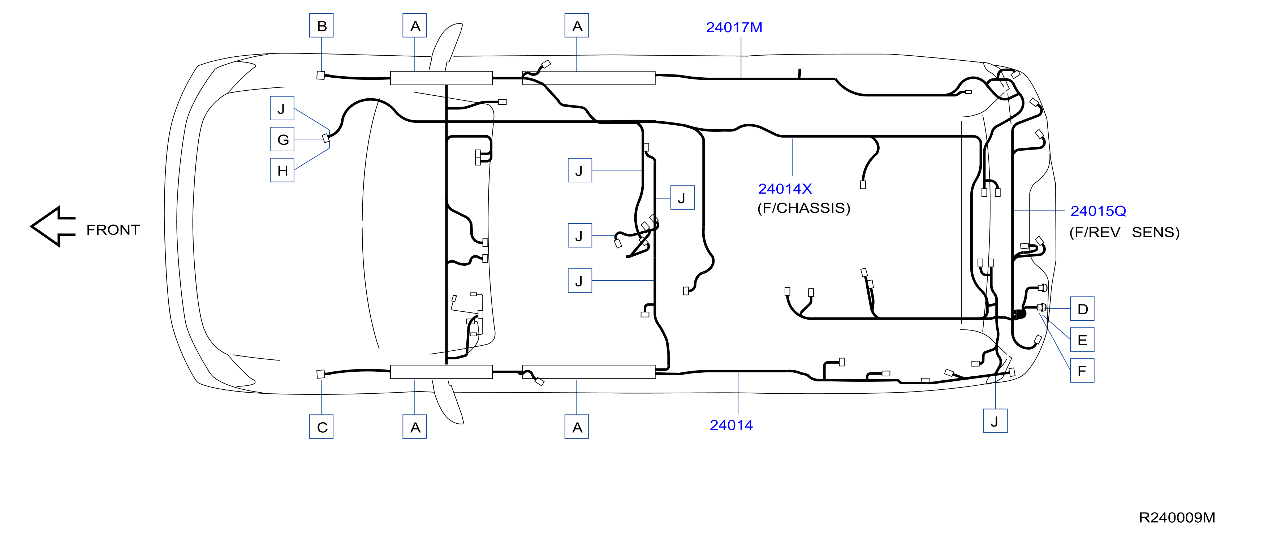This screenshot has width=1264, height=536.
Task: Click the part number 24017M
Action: click(x=734, y=27)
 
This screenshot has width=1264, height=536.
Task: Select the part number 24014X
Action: click(x=785, y=189)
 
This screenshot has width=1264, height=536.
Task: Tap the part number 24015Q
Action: click(x=1098, y=211)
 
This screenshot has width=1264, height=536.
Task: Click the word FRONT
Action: click(x=113, y=230)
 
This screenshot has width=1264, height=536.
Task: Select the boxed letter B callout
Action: click(x=322, y=26)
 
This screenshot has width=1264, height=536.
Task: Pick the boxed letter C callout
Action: click(x=322, y=427)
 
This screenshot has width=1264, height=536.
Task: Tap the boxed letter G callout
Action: click(x=282, y=139)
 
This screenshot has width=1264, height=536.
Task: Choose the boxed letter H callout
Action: click(x=282, y=170)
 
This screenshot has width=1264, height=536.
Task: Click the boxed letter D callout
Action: click(x=1082, y=309)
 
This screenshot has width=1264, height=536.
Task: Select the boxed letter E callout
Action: click(x=1082, y=340)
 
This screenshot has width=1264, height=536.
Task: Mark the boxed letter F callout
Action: click(x=1082, y=371)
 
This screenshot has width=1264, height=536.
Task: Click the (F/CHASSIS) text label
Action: click(x=804, y=208)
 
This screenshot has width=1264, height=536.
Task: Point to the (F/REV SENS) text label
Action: click(x=1125, y=232)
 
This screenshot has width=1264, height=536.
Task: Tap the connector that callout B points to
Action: click(x=321, y=75)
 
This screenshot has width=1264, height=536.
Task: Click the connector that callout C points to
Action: click(x=321, y=374)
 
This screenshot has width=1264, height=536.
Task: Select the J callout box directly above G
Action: click(x=282, y=108)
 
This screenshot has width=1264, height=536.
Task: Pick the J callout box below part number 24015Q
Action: click(x=996, y=421)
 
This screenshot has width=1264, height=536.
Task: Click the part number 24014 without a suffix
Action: click(x=731, y=425)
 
